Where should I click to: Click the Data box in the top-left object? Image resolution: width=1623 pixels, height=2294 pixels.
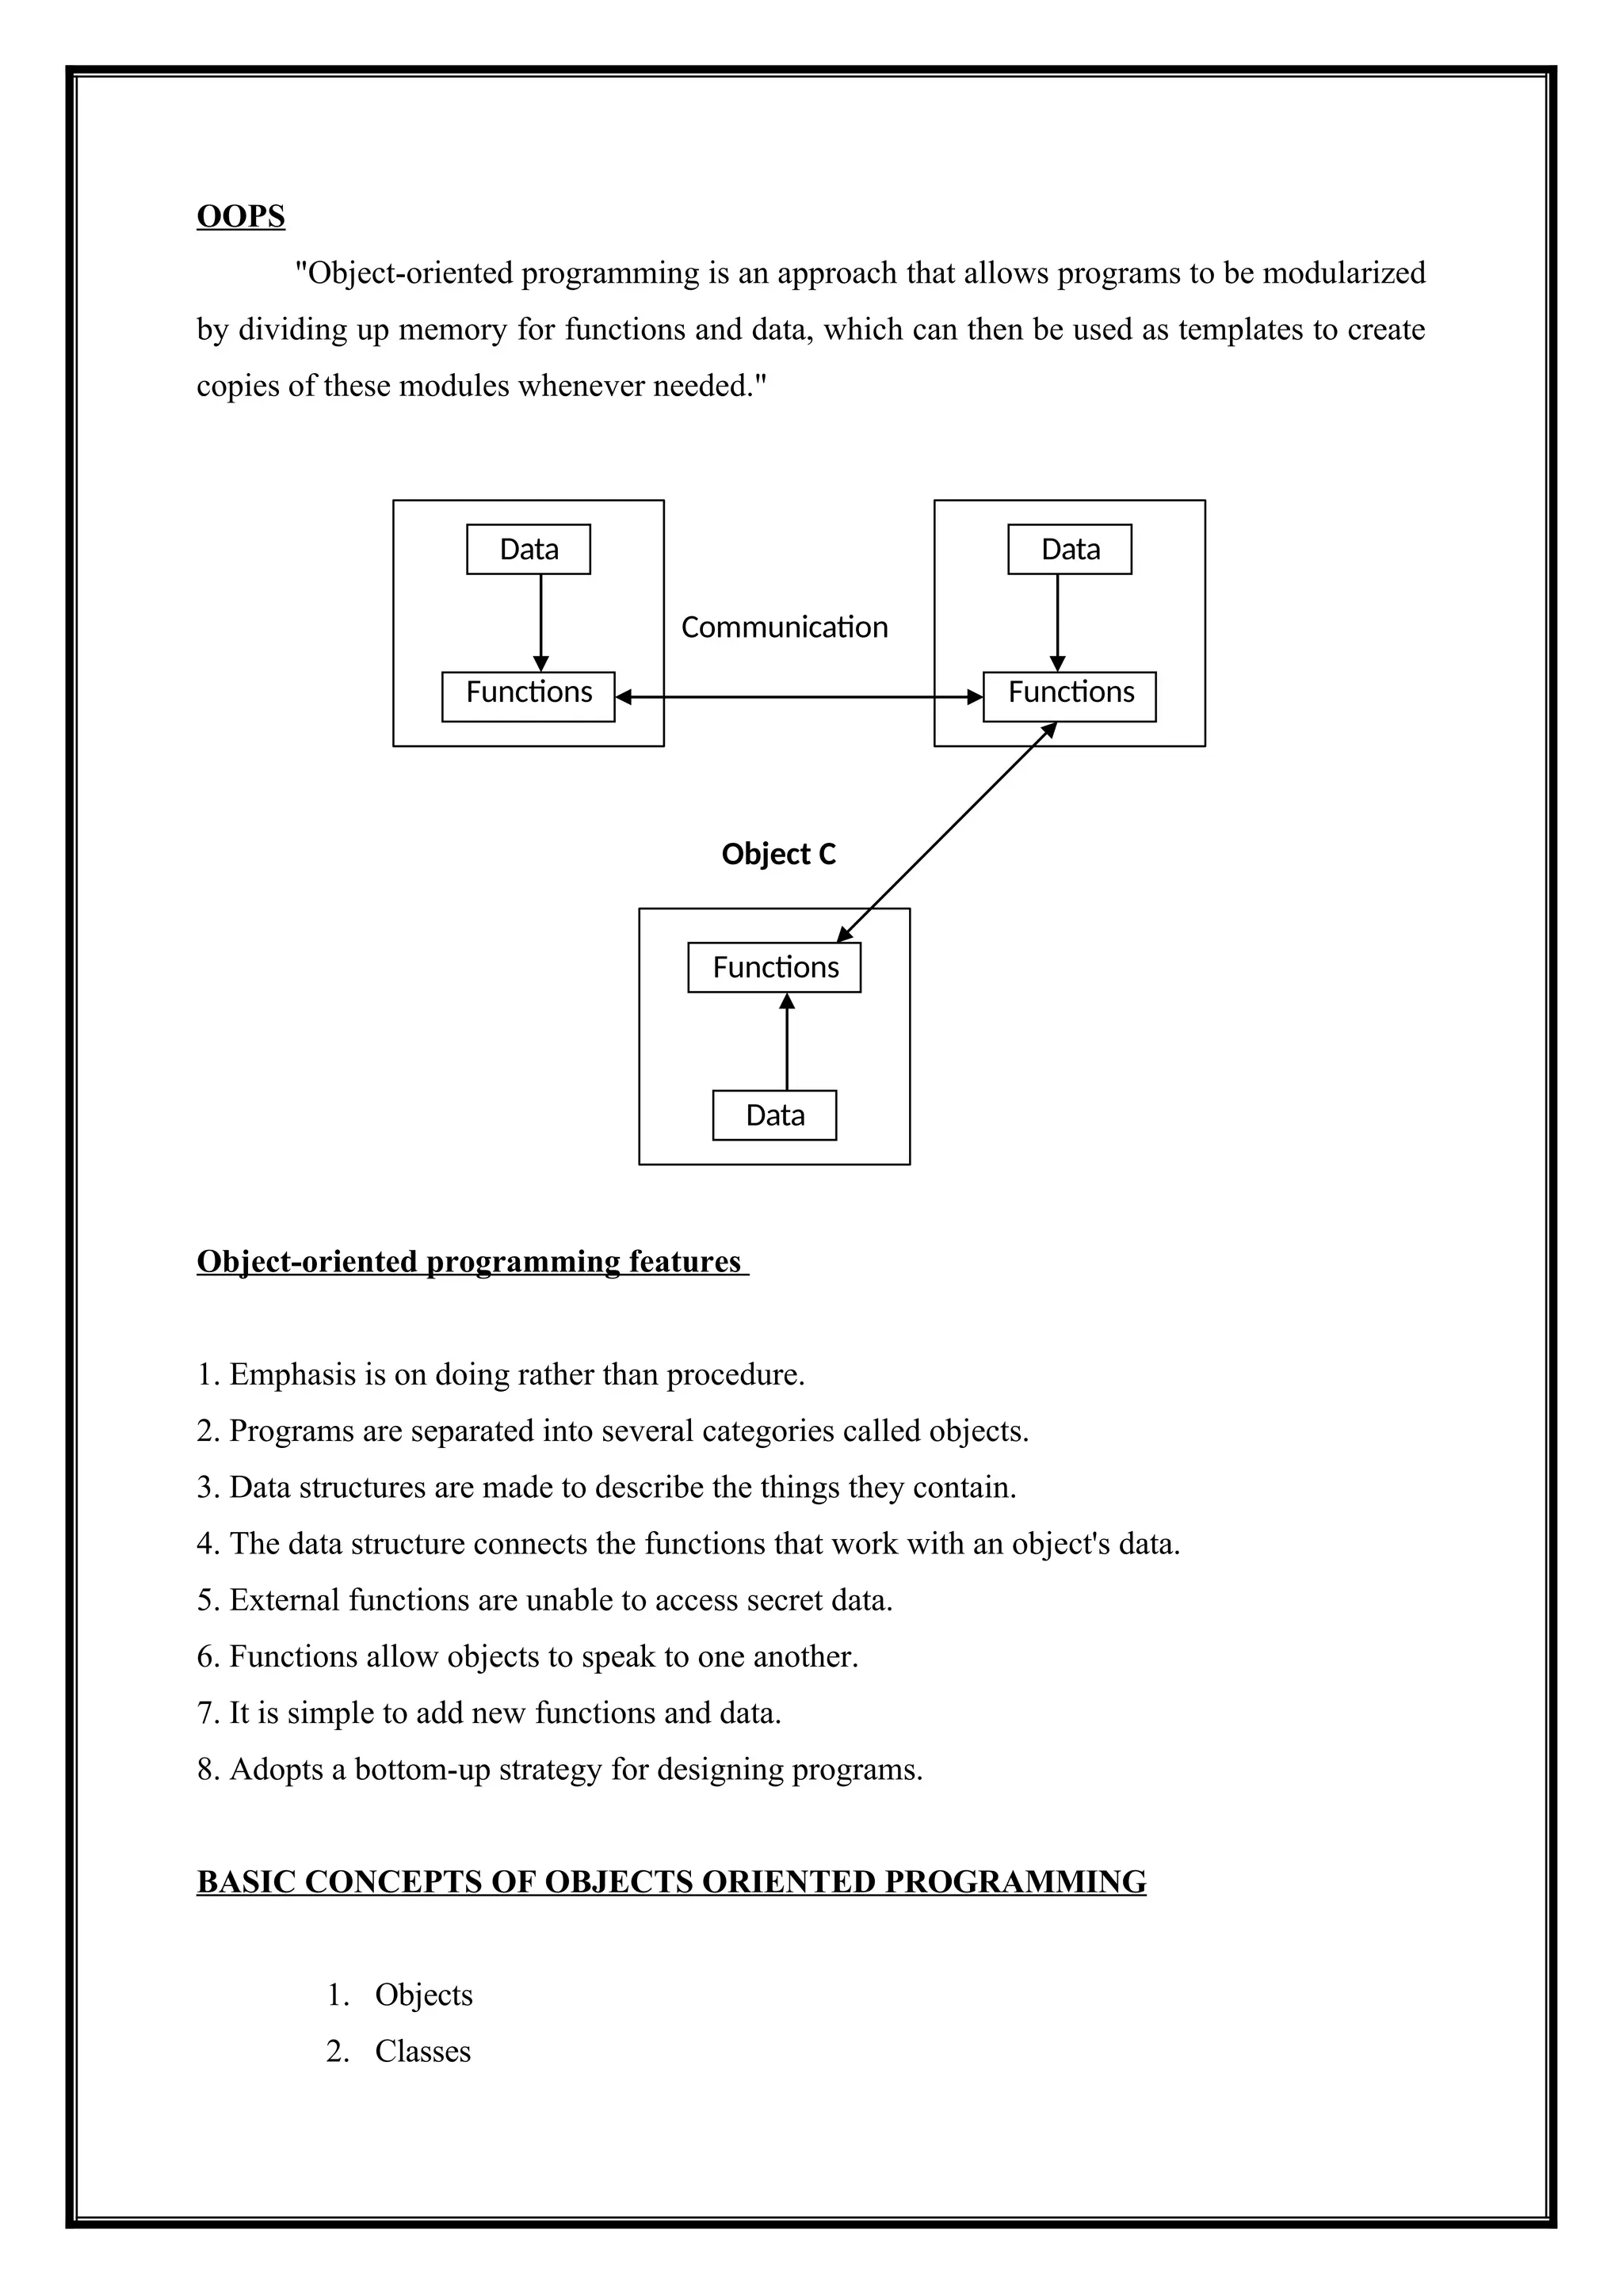pyautogui.click(x=528, y=550)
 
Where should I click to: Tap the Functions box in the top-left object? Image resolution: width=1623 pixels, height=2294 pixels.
pyautogui.click(x=528, y=696)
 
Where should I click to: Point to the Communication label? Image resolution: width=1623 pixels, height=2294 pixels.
pyautogui.click(x=785, y=627)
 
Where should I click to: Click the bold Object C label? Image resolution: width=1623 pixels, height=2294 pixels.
pyautogui.click(x=778, y=854)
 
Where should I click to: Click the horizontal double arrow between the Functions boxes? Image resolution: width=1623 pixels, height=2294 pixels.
pyautogui.click(x=800, y=697)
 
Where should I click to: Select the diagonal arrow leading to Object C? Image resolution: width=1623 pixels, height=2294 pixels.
pyautogui.click(x=946, y=833)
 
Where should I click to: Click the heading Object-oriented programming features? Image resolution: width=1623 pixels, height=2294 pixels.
pyautogui.click(x=470, y=1262)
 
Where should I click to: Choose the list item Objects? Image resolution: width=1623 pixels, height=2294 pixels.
pyautogui.click(x=424, y=1995)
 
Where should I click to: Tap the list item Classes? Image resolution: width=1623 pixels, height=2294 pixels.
pyautogui.click(x=422, y=2051)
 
